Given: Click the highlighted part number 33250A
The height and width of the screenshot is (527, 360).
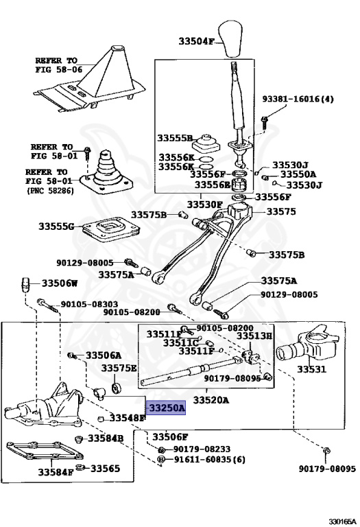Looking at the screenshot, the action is (x=167, y=408).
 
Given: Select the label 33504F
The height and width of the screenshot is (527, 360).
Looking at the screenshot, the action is (x=196, y=42).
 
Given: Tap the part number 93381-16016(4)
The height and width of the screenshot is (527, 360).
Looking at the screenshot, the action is (x=298, y=99).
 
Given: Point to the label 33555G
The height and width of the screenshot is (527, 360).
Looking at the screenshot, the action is (x=56, y=226).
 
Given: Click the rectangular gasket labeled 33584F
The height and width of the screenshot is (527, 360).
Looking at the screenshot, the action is (x=45, y=451).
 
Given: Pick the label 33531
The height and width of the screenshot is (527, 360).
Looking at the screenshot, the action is (x=311, y=369).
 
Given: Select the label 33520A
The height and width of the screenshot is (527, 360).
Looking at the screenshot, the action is (x=211, y=400).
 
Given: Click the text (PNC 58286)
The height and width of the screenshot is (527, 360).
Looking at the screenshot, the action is (x=50, y=191).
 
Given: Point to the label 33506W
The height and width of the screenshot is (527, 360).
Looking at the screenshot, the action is (x=60, y=283).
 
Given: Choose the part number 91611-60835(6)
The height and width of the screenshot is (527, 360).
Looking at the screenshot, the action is (x=209, y=459).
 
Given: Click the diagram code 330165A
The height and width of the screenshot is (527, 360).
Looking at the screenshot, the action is (x=342, y=522).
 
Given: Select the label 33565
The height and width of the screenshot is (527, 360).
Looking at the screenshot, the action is (x=105, y=468).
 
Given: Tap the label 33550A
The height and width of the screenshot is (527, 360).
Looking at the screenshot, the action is (x=298, y=174).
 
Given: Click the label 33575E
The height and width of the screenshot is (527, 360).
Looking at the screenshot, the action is (x=119, y=368).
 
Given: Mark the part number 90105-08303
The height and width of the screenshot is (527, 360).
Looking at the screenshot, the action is (x=89, y=304).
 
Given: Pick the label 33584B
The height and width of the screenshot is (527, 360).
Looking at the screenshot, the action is (x=106, y=438).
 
